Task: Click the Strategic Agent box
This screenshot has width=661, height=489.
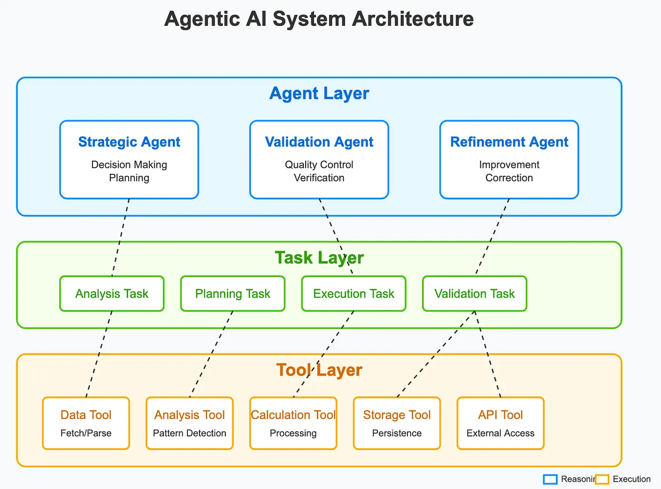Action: [129, 160]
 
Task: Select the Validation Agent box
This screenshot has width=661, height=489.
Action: [319, 160]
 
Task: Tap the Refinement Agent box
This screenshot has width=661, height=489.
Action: [509, 160]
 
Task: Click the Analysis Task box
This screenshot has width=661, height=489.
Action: [112, 294]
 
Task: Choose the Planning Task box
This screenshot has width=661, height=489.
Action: [233, 294]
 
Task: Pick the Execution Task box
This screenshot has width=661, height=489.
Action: [354, 294]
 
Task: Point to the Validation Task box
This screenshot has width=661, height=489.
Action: [475, 294]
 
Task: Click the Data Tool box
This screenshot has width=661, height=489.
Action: [86, 423]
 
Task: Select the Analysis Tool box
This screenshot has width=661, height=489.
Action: [189, 423]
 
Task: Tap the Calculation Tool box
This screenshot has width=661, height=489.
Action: [293, 423]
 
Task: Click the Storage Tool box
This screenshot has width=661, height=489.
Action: [397, 423]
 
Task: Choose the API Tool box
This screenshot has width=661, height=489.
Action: [501, 423]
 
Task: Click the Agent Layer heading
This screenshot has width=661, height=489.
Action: [319, 94]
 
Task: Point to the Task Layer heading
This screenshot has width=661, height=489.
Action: [319, 258]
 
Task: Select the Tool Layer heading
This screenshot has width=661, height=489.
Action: [319, 370]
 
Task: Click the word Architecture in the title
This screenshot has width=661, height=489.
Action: [413, 19]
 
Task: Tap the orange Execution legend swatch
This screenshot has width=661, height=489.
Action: [602, 479]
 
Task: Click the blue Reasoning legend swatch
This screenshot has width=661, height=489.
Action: [550, 479]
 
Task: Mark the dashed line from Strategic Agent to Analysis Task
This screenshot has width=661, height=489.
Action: [120, 237]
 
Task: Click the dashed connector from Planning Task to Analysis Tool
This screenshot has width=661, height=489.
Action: [211, 354]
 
